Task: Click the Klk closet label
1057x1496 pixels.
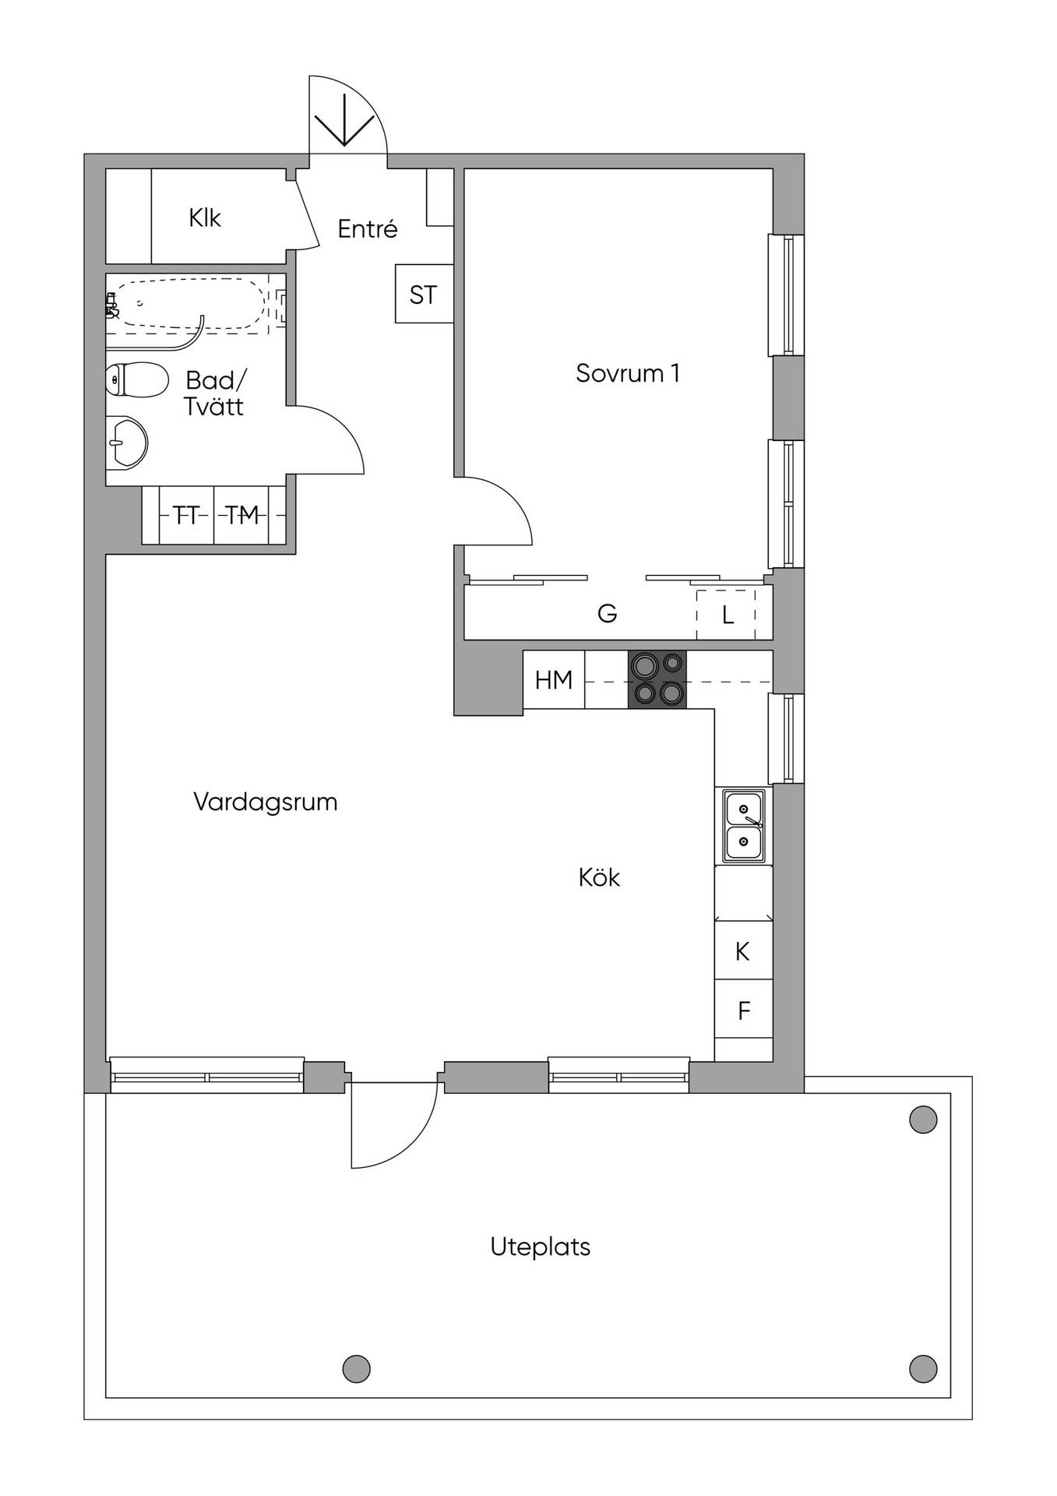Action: [x=204, y=217]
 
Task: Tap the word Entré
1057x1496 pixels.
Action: [x=368, y=228]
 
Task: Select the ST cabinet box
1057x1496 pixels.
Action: [x=424, y=294]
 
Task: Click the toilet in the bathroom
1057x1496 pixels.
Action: [x=137, y=380]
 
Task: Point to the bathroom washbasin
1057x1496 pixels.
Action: [x=126, y=443]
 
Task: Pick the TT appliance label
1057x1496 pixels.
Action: [x=186, y=515]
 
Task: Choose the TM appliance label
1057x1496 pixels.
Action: [x=241, y=515]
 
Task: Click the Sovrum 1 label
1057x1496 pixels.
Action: [x=628, y=373]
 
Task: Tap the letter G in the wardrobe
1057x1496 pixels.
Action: [x=608, y=614]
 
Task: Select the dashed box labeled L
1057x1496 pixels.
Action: [x=726, y=615]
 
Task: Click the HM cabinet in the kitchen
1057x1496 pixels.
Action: [x=554, y=679]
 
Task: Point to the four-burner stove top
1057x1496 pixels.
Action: [x=657, y=679]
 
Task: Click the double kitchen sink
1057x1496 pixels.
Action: [x=744, y=826]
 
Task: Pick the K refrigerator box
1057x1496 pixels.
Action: [x=744, y=951]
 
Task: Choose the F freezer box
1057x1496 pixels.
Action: [x=744, y=1010]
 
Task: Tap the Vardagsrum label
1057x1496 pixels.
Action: [x=266, y=803]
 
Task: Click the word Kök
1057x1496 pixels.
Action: [x=599, y=877]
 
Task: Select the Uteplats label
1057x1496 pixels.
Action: [x=541, y=1247]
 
